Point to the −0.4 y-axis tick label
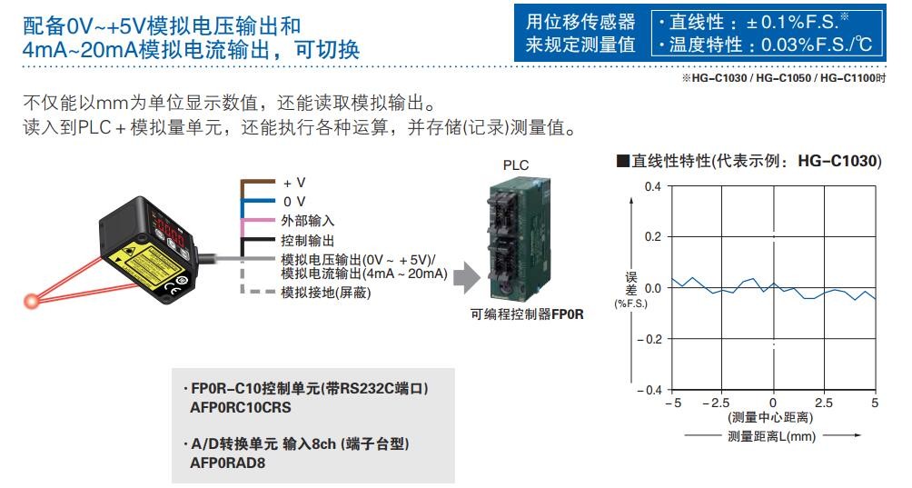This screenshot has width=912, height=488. (x=647, y=390)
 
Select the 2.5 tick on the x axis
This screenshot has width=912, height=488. (x=824, y=403)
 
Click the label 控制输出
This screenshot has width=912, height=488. (x=308, y=241)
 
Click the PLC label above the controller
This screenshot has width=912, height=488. (x=515, y=165)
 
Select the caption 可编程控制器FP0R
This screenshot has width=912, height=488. (x=527, y=314)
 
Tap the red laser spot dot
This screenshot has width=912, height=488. (x=34, y=297)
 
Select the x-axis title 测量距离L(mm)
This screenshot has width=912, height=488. (x=772, y=436)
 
